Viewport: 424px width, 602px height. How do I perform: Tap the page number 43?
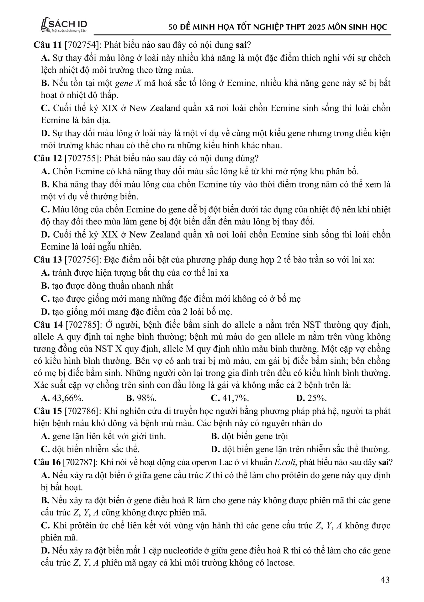385,580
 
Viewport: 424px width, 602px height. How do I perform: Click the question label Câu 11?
47,45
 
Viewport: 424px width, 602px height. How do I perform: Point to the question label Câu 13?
47,260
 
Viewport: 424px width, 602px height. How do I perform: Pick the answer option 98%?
141,398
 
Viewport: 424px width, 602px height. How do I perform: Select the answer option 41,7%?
230,398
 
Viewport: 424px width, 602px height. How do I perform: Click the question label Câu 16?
47,462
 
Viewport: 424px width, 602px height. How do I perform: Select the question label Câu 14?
47,325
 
